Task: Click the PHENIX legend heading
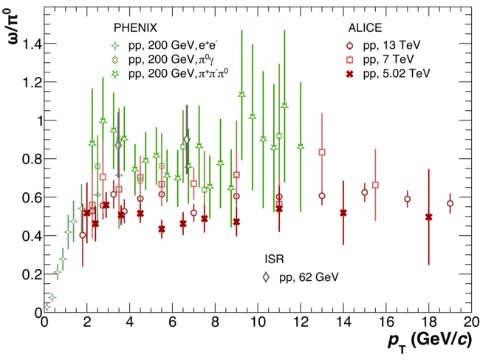tap(135, 27)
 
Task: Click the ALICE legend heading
tap(365, 27)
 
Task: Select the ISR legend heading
tap(275, 259)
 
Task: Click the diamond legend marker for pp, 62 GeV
tap(266, 277)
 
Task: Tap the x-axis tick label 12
tap(301, 323)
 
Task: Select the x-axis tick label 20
tap(471, 323)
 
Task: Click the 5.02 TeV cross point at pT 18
tap(428, 217)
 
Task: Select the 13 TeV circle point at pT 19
tap(450, 203)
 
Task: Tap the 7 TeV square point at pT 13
tap(322, 152)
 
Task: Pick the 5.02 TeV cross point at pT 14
tap(343, 213)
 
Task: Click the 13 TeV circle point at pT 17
tap(407, 199)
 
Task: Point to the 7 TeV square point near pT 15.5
tap(375, 185)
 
